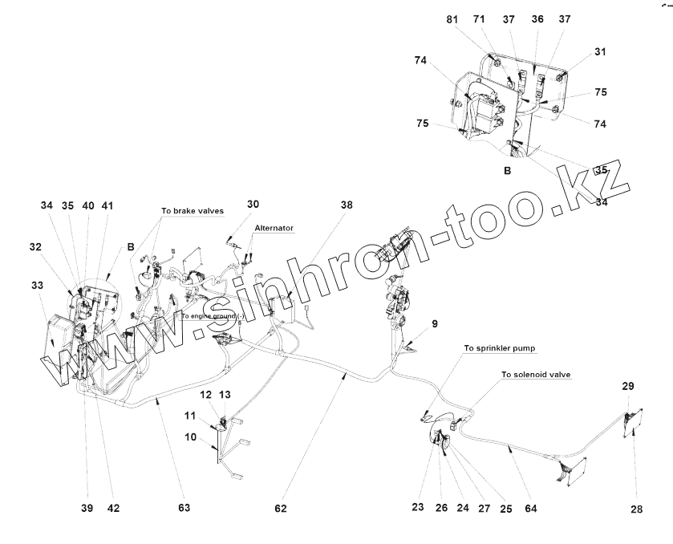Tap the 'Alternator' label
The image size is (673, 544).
coord(274,228)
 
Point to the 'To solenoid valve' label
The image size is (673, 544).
coord(535,375)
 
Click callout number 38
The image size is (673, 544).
coord(346,205)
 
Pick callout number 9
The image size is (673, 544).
coord(435,324)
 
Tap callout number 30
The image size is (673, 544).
coord(253,204)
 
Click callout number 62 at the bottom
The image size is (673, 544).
coord(280,508)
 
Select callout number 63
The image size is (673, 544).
coord(184,508)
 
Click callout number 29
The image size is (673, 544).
coord(627,387)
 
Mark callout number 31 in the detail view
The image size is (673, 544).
coord(600,53)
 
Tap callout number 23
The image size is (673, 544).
coord(418,507)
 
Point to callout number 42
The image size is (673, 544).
coord(114,508)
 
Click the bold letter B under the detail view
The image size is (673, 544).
coord(507,171)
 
